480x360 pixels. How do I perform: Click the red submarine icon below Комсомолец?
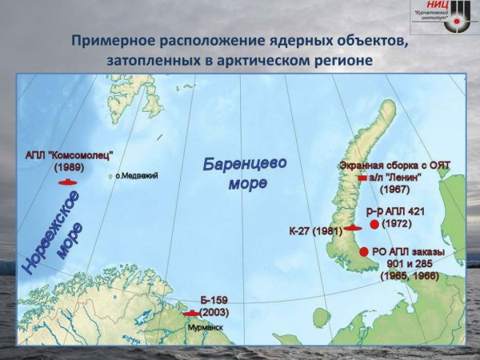click(x=67, y=182)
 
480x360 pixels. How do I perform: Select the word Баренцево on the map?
click(x=245, y=164)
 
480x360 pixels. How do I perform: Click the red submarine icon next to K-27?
click(x=353, y=229)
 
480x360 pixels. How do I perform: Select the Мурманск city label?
click(x=204, y=327)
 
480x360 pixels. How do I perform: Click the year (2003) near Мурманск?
click(x=214, y=311)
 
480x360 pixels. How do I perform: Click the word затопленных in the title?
click(x=151, y=60)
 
